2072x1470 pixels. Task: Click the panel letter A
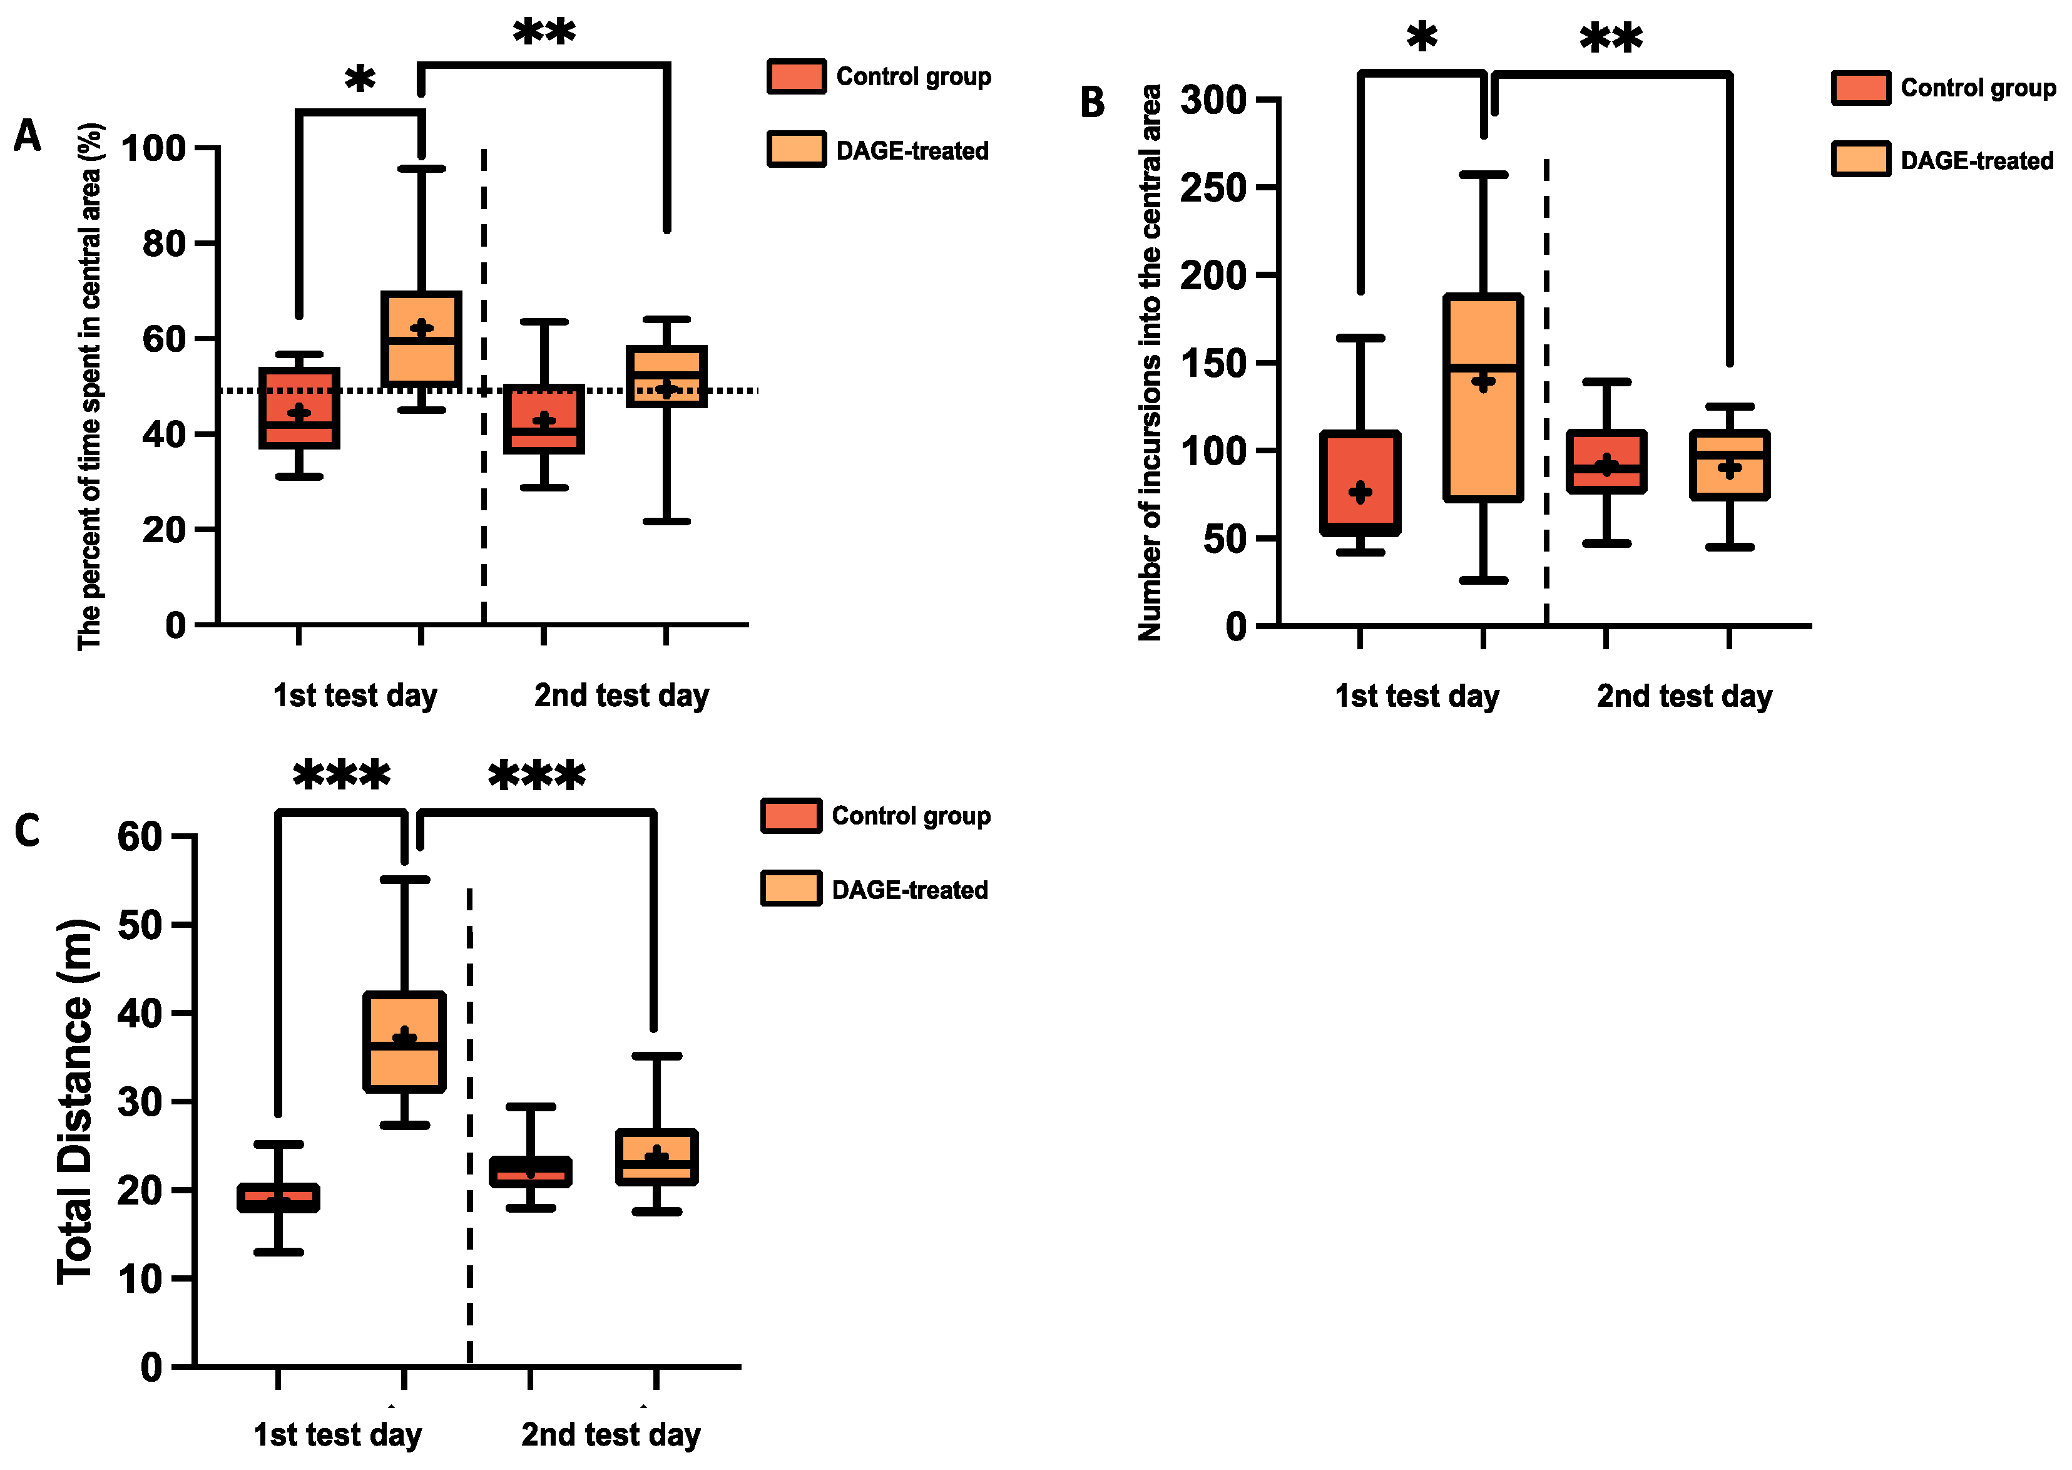(x=27, y=136)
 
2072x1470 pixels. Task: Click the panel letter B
(x=1092, y=102)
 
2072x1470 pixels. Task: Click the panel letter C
(x=27, y=830)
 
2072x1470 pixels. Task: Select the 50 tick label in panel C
(x=140, y=925)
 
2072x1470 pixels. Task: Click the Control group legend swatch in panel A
(x=795, y=76)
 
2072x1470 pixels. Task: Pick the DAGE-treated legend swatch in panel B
(x=1860, y=159)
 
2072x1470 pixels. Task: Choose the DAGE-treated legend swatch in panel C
(x=791, y=889)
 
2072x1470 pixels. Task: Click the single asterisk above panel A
(x=360, y=80)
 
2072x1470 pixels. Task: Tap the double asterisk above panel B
(x=1611, y=39)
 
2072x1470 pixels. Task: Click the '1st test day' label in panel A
(x=355, y=695)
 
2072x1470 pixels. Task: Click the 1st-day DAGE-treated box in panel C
(x=404, y=1041)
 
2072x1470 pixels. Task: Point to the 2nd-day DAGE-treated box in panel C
(x=656, y=1157)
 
